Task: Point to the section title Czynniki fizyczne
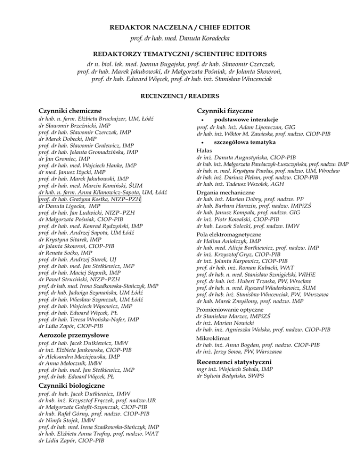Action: point(225,111)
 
